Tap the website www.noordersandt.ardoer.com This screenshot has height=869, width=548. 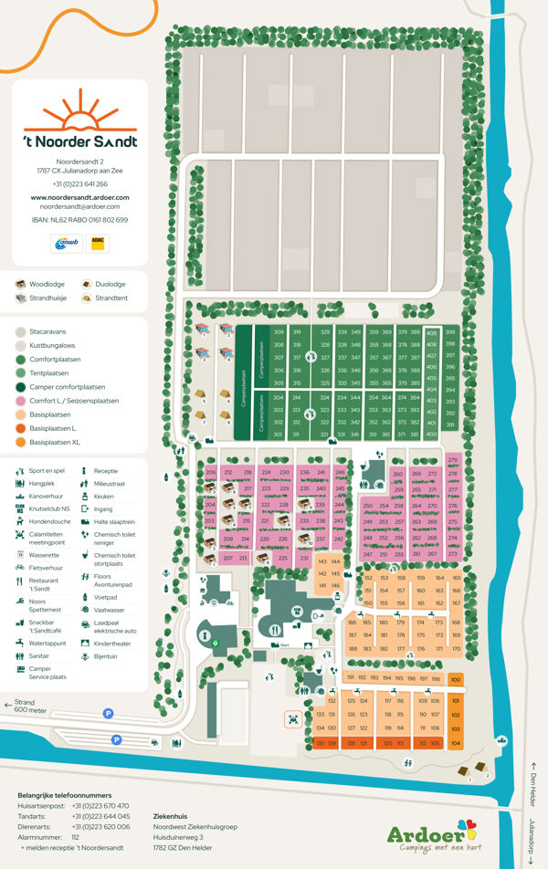click(80, 197)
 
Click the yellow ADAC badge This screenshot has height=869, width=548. click(97, 243)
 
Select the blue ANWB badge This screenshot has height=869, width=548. click(63, 243)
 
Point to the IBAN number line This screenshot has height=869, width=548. click(80, 220)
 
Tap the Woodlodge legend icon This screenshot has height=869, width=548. click(20, 285)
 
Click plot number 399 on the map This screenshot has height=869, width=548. click(449, 331)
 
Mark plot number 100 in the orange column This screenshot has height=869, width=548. click(456, 679)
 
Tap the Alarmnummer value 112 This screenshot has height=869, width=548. click(75, 836)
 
